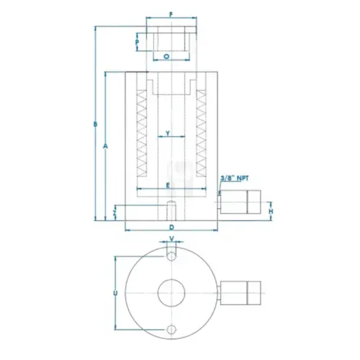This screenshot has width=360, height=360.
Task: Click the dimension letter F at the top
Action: [171, 14]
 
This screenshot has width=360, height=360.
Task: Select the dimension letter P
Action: [137, 42]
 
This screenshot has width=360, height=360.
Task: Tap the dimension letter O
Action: [166, 57]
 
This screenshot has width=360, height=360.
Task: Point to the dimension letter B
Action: [95, 124]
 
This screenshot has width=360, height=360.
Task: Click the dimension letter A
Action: [105, 146]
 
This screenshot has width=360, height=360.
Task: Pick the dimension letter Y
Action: [168, 133]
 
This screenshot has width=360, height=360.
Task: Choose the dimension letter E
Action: [168, 185]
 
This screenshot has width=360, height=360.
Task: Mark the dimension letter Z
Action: [115, 213]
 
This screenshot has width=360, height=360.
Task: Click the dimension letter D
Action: [171, 228]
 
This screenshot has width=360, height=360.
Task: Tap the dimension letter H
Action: [271, 212]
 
